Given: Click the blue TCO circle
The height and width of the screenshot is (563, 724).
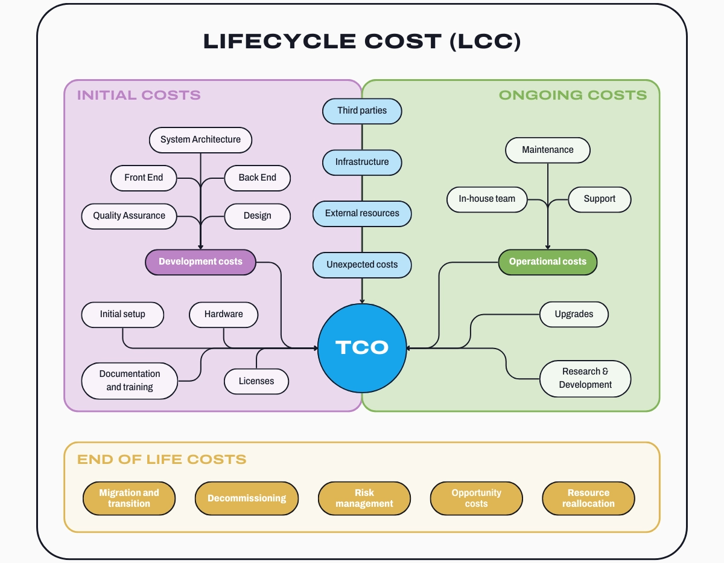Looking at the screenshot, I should pos(362,348).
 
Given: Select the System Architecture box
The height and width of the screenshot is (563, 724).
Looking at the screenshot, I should pos(200,140).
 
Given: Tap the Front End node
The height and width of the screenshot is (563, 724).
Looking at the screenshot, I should pos(144,178).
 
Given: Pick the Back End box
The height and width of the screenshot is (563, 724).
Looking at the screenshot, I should pos(257,178).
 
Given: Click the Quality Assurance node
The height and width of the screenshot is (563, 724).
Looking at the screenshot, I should pos(129,216).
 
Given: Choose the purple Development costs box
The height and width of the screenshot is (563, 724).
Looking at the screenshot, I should pos(200,262).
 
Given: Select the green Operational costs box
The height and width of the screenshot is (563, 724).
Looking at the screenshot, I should pos(547,262).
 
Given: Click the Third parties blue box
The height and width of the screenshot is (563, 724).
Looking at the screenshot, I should pos(362,111).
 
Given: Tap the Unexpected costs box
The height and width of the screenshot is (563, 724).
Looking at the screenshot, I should pos(362,265).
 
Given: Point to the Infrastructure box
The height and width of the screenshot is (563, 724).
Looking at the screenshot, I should pos(362,162).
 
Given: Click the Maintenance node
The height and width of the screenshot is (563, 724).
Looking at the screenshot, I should pos(547,150).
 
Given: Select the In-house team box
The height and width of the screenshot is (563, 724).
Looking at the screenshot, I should pos(487,199).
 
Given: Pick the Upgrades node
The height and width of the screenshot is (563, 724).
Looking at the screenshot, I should pos(573,314).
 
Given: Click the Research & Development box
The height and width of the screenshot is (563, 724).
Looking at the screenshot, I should pos(585,378).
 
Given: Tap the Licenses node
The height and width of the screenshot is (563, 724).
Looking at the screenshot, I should pos(256,381).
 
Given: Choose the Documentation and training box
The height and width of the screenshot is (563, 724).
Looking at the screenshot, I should pos(130,381).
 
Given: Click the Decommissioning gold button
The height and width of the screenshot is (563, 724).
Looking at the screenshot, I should pos(247,498).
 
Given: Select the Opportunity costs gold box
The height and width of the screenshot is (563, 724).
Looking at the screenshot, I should pos(476,498).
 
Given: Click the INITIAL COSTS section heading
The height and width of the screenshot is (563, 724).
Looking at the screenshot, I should pos(139,95).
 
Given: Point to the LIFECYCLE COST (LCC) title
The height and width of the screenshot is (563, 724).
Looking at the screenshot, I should pos(362,41).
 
